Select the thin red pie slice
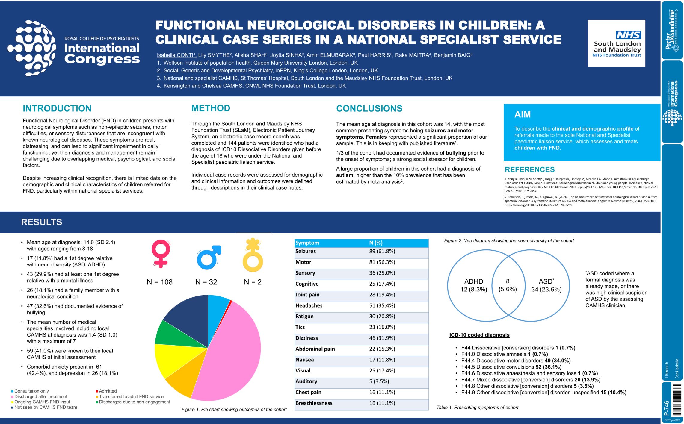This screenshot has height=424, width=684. point(230,303)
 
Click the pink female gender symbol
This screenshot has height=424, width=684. point(161,253)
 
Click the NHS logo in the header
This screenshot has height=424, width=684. point(628,35)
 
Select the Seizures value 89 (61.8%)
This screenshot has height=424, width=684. point(382,252)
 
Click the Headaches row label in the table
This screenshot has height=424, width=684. point(309,306)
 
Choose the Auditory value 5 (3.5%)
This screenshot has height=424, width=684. point(379,381)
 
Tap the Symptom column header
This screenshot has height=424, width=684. point(307,243)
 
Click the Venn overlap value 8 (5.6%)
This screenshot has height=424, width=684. point(508,285)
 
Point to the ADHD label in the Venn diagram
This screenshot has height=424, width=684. point(473,282)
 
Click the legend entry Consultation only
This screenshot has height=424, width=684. point(31,391)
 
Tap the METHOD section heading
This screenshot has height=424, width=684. point(211,108)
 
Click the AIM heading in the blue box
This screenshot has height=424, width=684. point(522,114)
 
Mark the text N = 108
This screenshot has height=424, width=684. point(160,282)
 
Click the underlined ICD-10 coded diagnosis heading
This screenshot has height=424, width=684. point(479,335)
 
